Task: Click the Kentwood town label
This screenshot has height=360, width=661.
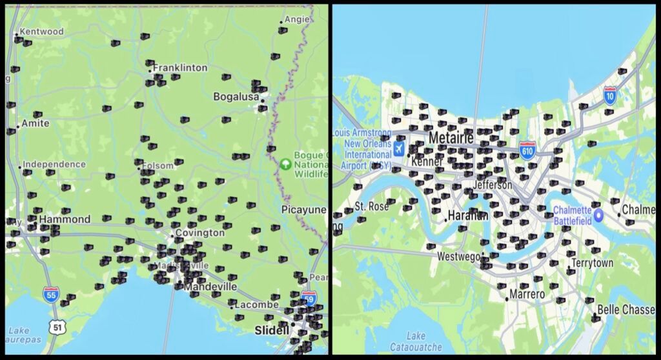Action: click(x=41, y=32)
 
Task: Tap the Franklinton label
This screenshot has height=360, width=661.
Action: click(x=180, y=68)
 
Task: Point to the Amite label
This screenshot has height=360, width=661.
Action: click(x=36, y=123)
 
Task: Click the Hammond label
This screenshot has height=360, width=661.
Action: click(x=65, y=219)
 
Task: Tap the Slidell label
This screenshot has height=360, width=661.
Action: click(x=272, y=330)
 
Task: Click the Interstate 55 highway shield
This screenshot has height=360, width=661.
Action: click(x=51, y=295)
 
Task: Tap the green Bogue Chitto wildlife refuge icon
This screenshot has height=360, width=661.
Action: click(x=285, y=163)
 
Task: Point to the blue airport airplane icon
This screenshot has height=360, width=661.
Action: click(x=400, y=150)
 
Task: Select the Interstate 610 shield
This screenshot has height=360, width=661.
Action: click(x=527, y=151)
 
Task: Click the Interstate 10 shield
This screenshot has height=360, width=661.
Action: click(x=610, y=95)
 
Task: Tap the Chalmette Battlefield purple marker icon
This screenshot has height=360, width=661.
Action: click(x=598, y=215)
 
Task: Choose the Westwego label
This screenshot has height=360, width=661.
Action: click(x=458, y=256)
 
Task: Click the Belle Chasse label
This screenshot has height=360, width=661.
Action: click(x=625, y=310)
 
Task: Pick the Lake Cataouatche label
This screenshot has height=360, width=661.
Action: click(x=416, y=340)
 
